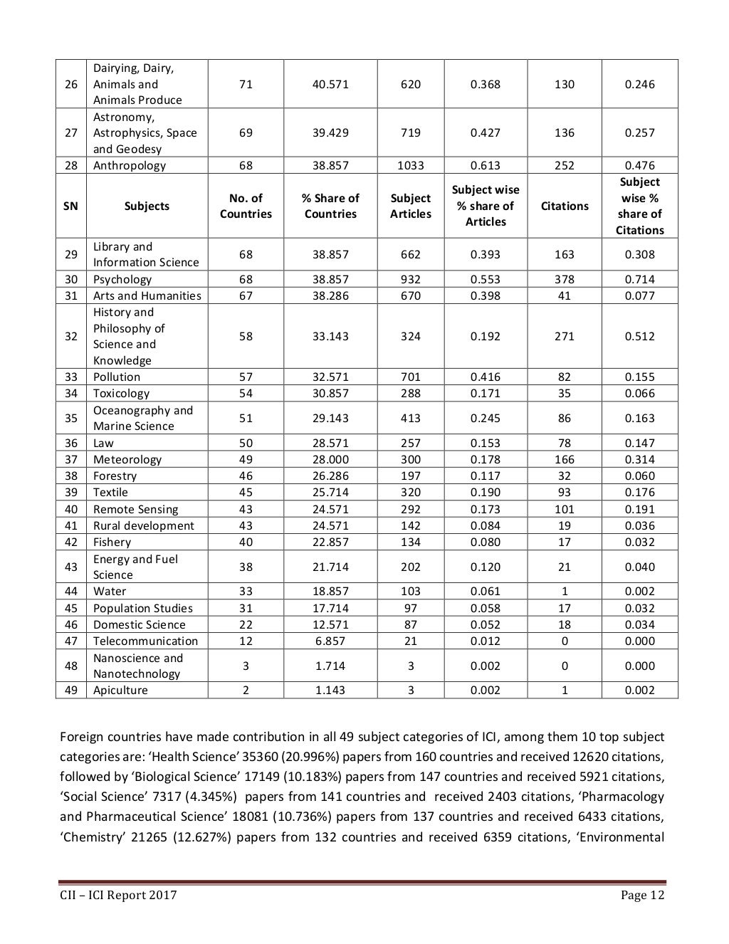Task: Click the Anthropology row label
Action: coord(129,165)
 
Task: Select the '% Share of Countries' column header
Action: coord(330,206)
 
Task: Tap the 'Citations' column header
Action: coord(564,206)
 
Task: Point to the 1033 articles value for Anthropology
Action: coord(410,165)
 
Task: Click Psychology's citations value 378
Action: coord(564,279)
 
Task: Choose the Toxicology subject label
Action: coord(121,393)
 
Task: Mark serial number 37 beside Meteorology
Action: coord(71,459)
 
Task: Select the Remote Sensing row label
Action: coord(135,509)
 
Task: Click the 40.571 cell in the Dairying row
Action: coord(330,84)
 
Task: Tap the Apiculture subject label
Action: coord(120,690)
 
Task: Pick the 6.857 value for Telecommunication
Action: coord(330,641)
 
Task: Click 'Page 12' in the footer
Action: coord(642,896)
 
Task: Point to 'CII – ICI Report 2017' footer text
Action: coord(117,896)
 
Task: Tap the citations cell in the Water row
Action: coord(564,591)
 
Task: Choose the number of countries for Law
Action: coord(246,443)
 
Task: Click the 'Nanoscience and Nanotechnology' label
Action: coord(137,666)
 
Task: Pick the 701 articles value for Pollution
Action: coord(410,377)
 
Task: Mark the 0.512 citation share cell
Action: coord(639,336)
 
